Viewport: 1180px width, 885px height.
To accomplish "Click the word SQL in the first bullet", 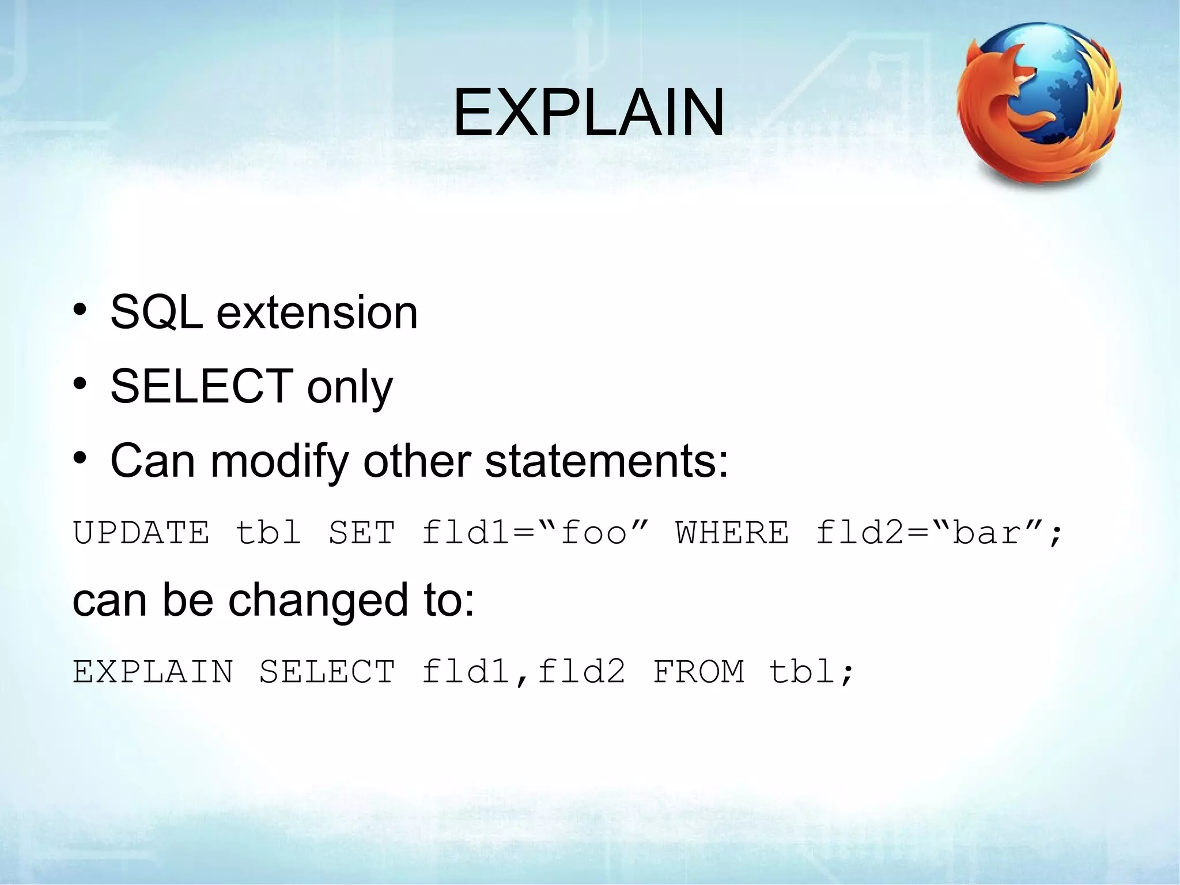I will point(156,312).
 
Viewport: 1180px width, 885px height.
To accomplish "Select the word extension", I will point(317,312).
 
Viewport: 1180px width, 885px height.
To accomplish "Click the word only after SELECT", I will point(350,387).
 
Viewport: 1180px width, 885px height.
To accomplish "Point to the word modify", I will point(280,461).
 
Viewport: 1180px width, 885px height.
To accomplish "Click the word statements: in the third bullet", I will point(607,461).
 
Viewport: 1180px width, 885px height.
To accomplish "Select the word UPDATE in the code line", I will point(141,532).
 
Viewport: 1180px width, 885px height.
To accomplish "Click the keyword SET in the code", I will point(362,532).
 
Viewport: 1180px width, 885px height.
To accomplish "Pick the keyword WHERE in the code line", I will point(732,532).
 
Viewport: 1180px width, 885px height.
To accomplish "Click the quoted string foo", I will point(593,532).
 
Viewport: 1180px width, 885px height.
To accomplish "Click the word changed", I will point(318,600).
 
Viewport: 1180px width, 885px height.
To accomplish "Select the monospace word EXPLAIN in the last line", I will point(153,672).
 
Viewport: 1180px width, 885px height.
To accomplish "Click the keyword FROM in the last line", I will point(698,672).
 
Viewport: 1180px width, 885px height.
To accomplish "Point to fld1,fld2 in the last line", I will point(523,672).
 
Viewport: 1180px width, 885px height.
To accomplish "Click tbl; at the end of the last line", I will point(811,672).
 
